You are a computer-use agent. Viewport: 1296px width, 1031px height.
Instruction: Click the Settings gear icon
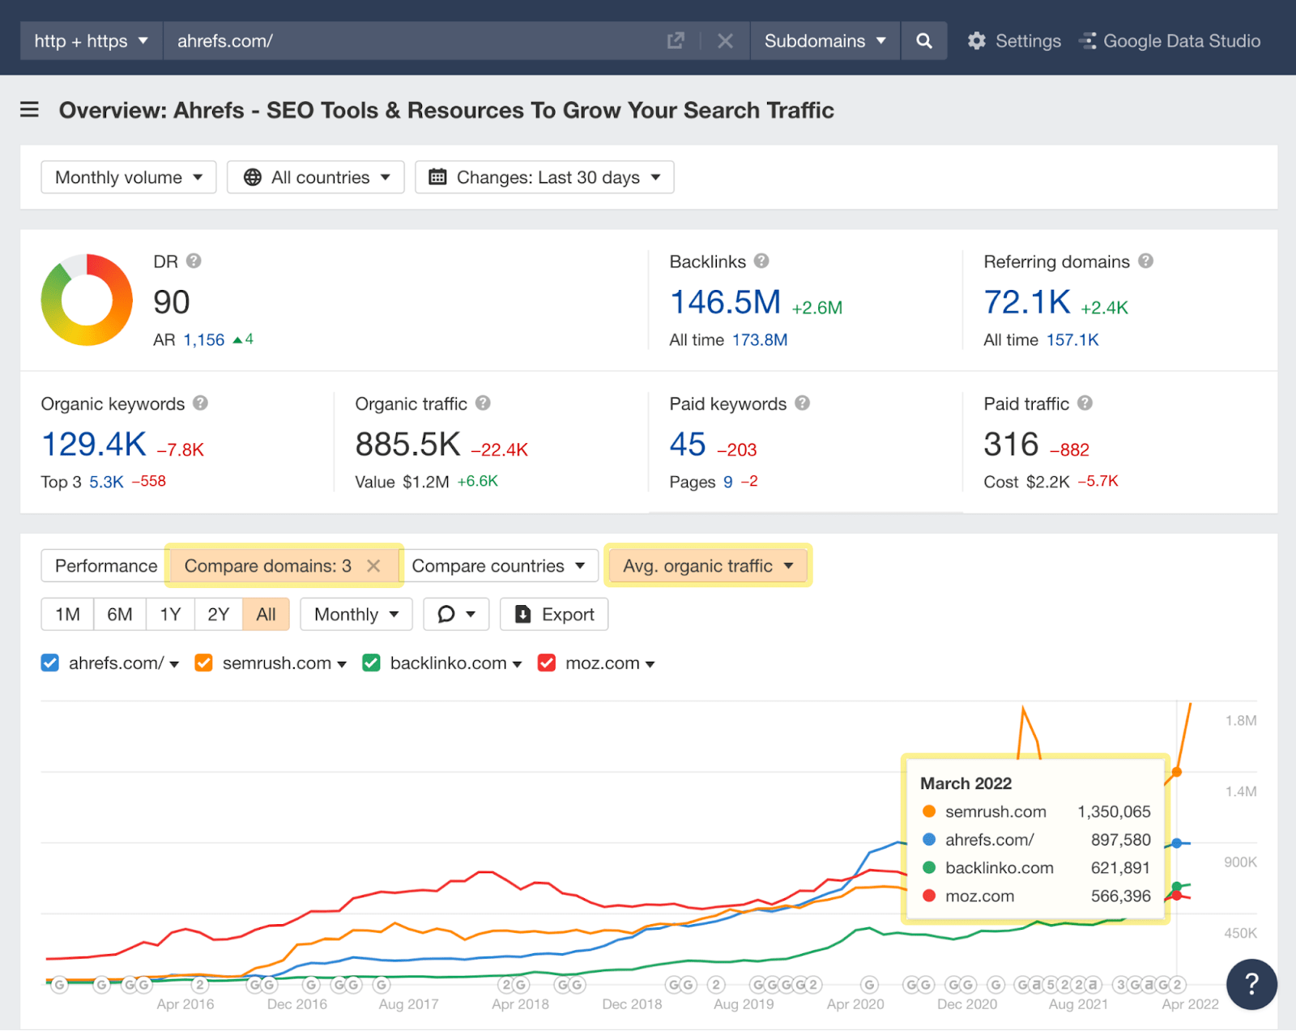click(976, 40)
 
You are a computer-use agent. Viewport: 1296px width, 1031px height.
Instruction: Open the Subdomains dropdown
click(825, 40)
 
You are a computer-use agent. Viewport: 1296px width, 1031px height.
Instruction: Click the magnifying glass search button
click(923, 40)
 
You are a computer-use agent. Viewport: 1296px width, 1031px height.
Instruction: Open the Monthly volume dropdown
click(128, 177)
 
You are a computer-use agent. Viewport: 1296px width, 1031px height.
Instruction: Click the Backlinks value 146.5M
click(725, 302)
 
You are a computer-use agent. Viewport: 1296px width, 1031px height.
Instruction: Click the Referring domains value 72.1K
click(1027, 302)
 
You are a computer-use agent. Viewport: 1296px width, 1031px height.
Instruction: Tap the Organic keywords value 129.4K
click(94, 445)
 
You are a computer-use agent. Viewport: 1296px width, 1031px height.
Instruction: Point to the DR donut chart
click(87, 300)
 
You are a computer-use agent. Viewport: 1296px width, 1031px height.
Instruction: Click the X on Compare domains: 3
click(373, 566)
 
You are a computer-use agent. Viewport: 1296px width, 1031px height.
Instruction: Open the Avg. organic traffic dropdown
click(708, 566)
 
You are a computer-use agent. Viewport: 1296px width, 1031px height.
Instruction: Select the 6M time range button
click(120, 615)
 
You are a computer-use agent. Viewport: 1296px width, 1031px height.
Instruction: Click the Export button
click(554, 615)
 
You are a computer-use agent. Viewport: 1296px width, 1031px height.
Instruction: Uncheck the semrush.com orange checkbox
click(203, 663)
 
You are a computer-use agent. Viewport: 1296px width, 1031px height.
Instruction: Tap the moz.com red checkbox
click(547, 663)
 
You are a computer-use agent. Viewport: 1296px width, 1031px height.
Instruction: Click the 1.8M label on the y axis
click(1240, 721)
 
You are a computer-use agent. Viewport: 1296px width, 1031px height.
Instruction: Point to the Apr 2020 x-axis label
click(855, 1004)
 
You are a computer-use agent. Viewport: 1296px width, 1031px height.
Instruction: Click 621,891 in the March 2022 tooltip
click(1120, 868)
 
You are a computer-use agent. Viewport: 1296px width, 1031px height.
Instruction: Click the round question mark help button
click(1251, 984)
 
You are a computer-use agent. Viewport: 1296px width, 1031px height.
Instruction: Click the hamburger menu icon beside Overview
click(29, 109)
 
